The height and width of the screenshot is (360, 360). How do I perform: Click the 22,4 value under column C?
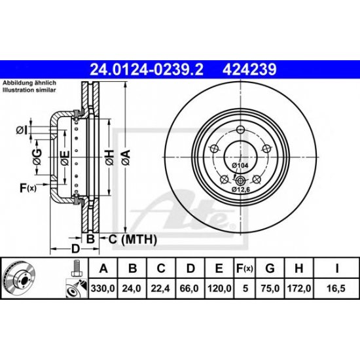coord(161,287)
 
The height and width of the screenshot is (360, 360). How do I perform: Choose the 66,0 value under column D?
coord(190,287)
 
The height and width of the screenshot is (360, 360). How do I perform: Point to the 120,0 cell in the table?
coord(221,287)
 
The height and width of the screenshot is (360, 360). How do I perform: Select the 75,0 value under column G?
coord(271,287)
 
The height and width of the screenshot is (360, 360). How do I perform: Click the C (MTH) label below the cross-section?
coord(133,240)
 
